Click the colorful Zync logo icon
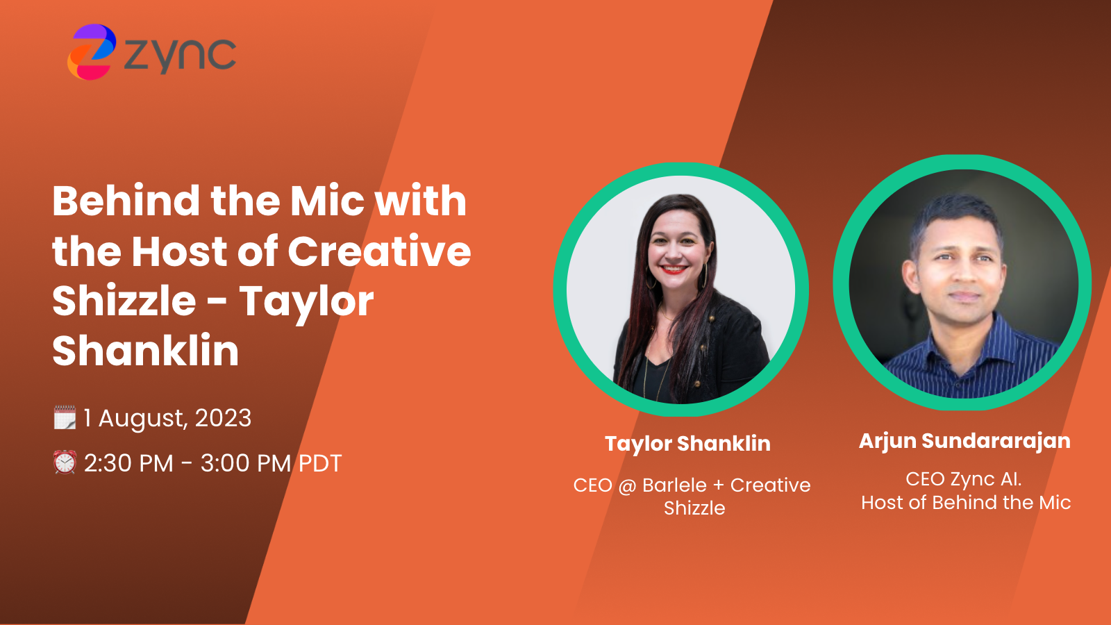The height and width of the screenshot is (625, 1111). [91, 52]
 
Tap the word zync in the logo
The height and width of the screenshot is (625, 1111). [180, 54]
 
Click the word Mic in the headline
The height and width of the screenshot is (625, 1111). [327, 201]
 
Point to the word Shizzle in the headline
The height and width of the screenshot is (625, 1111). [124, 301]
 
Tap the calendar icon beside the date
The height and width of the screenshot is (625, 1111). [65, 418]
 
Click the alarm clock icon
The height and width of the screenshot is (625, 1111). [65, 462]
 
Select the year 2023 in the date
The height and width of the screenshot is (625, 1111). [223, 418]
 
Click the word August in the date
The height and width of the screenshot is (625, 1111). [142, 419]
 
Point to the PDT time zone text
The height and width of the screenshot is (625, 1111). [320, 463]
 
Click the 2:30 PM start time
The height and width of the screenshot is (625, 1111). [128, 463]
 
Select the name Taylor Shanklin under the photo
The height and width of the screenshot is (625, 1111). [687, 443]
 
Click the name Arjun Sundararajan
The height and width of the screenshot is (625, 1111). [964, 441]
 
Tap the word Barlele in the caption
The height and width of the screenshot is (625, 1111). [674, 485]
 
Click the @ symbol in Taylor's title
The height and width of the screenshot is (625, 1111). [627, 485]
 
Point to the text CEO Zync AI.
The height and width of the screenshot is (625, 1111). [963, 479]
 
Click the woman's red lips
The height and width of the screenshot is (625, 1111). [673, 269]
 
